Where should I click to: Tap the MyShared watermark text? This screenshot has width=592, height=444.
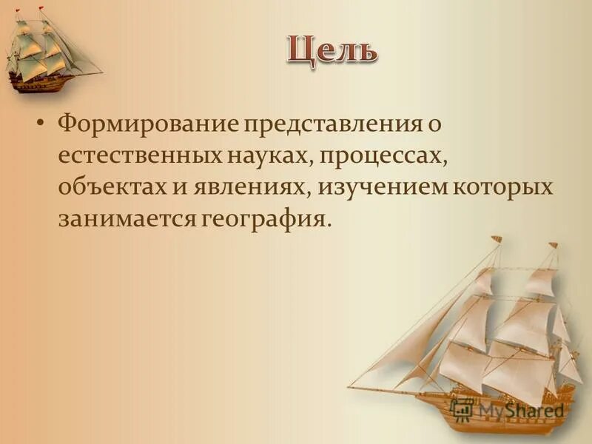(x=521, y=410)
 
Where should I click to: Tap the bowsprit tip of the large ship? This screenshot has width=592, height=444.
(x=349, y=386)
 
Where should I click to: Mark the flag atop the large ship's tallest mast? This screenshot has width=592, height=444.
(x=495, y=238)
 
